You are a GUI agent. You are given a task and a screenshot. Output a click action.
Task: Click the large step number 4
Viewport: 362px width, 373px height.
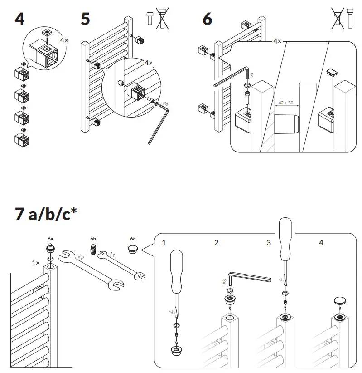click(19, 19)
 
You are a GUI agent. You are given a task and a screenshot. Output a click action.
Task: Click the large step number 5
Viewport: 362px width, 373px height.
click(86, 19)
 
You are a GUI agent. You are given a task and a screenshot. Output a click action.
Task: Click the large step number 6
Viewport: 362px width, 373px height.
click(207, 19)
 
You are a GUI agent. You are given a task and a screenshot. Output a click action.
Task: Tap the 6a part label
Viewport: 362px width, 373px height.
click(51, 238)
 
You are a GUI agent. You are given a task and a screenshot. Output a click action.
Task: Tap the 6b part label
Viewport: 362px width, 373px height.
click(93, 238)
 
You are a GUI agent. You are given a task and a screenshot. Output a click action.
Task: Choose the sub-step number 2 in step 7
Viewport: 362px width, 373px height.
click(216, 243)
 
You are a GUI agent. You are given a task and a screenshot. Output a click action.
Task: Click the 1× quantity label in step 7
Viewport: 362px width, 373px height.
click(36, 263)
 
